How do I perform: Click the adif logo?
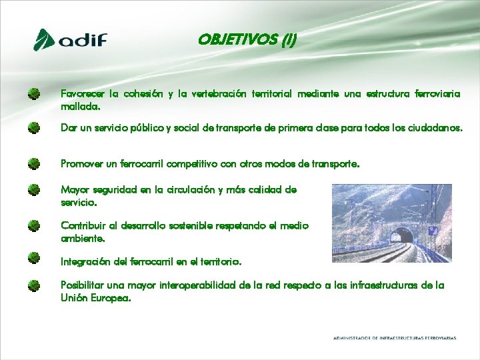coord(70,40)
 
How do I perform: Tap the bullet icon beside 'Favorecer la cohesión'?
coord(34,95)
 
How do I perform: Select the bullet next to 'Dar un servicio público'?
coord(34,127)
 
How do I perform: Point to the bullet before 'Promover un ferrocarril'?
coord(34,163)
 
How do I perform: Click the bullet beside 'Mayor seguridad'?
coord(34,190)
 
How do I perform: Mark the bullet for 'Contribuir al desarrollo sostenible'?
coord(34,226)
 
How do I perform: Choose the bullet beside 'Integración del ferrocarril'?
coord(34,257)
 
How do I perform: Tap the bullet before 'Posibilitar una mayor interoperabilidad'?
coord(34,286)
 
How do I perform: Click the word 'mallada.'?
coord(81,106)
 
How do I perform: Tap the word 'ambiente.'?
coord(83,237)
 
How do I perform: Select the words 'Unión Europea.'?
coord(95,298)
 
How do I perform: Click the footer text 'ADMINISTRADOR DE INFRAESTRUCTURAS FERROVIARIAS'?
coord(395,338)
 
